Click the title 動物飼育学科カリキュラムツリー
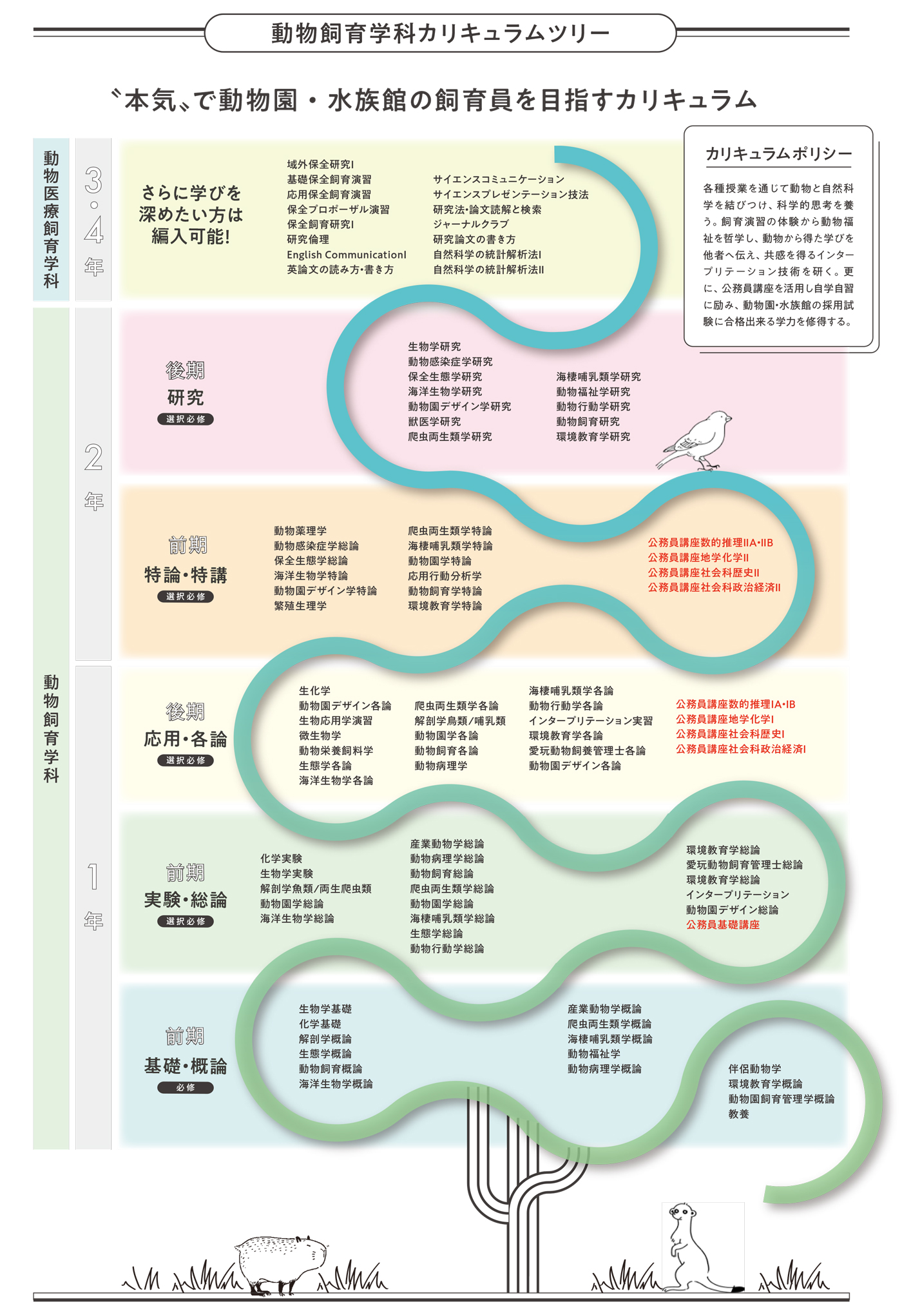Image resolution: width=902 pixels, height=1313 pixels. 440,33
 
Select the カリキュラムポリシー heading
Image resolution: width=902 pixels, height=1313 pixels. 778,153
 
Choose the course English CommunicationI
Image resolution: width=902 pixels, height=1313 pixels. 347,255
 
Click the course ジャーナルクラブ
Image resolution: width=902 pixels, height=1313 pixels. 471,224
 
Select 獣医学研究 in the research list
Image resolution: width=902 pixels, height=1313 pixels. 434,422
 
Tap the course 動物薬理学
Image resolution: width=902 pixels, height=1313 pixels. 300,530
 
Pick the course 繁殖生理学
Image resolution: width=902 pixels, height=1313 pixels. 300,606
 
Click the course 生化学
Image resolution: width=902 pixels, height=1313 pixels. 314,690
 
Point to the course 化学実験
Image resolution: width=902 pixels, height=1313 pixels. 281,859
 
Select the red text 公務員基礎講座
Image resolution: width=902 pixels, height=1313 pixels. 723,924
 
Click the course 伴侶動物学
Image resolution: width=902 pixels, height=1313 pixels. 755,1069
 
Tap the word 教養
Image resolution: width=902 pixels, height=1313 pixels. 739,1114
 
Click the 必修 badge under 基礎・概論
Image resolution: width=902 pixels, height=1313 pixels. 186,1087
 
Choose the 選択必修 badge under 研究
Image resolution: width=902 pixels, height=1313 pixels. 186,419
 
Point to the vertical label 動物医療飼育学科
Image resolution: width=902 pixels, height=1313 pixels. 51,219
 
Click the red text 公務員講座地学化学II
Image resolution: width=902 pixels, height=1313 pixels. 698,558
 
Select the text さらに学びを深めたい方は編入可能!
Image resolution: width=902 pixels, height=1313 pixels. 191,215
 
